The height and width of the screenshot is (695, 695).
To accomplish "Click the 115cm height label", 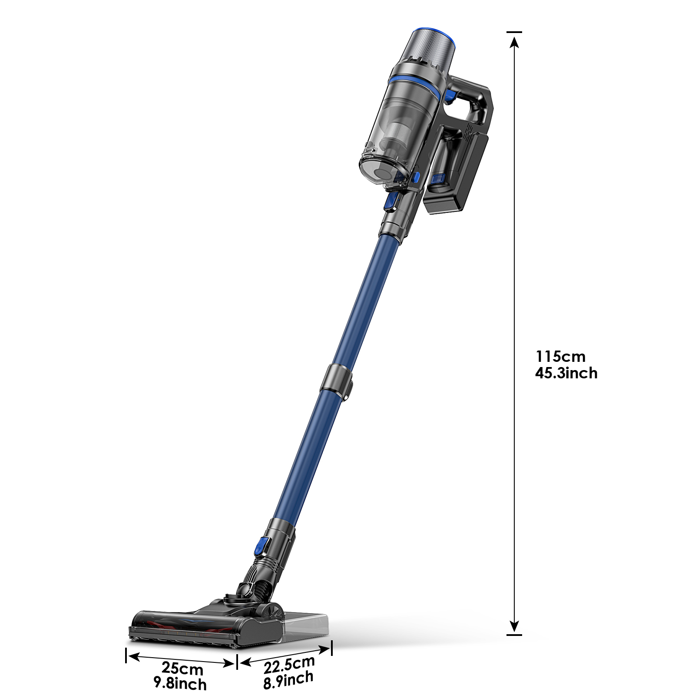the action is [560, 357].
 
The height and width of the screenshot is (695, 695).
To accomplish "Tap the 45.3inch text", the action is [566, 373].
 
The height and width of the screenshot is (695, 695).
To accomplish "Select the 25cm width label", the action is [182, 668].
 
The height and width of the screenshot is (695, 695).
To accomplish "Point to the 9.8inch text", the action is [180, 683].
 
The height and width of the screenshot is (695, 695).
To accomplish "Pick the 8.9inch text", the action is [288, 680].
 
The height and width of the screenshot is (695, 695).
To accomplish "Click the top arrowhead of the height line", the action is [514, 42].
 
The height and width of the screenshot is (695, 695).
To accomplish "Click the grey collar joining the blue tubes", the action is [337, 382].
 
